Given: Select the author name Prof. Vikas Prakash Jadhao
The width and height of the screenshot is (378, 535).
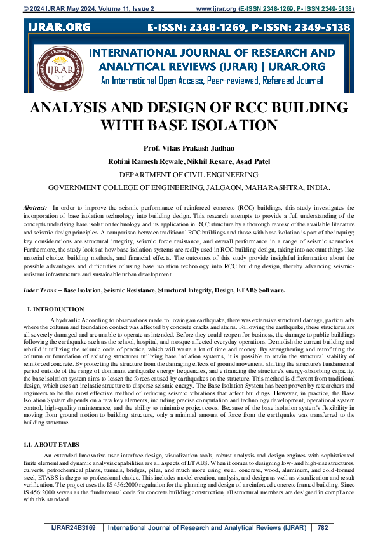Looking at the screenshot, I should point(189,148).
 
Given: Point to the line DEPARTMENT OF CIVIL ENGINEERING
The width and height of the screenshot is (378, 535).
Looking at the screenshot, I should point(189,174).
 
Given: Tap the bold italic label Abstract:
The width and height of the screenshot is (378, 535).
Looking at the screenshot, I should point(35,208).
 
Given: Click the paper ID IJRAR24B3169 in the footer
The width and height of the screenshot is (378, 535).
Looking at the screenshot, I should point(74,527).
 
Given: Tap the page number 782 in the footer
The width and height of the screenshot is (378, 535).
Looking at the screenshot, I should point(323,527).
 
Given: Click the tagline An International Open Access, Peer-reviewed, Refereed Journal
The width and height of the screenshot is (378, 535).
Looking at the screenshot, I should point(212,81).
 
